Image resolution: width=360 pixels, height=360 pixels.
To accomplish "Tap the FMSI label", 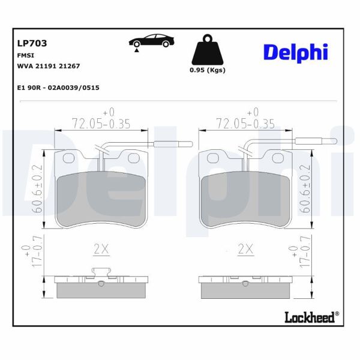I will tap(25, 55).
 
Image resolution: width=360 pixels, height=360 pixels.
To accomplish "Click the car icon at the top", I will tap(152, 43).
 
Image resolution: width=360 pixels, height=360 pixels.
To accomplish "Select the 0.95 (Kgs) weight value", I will tap(208, 70).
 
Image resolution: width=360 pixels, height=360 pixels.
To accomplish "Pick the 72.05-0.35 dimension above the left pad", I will tap(101, 123).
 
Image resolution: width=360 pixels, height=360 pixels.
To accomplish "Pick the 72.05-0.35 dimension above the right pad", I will tap(244, 123).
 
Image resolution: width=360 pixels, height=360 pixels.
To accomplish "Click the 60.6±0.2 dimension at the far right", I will tap(305, 190).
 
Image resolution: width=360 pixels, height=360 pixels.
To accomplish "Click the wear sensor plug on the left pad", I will tap(173, 143).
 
